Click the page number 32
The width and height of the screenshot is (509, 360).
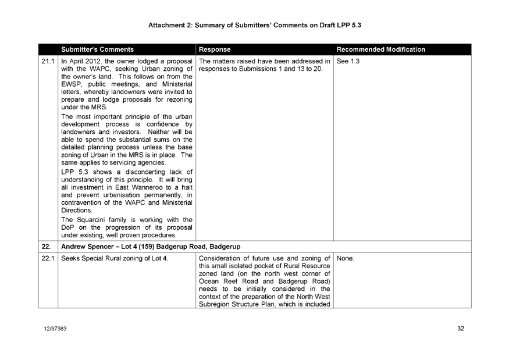pos(461,329)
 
